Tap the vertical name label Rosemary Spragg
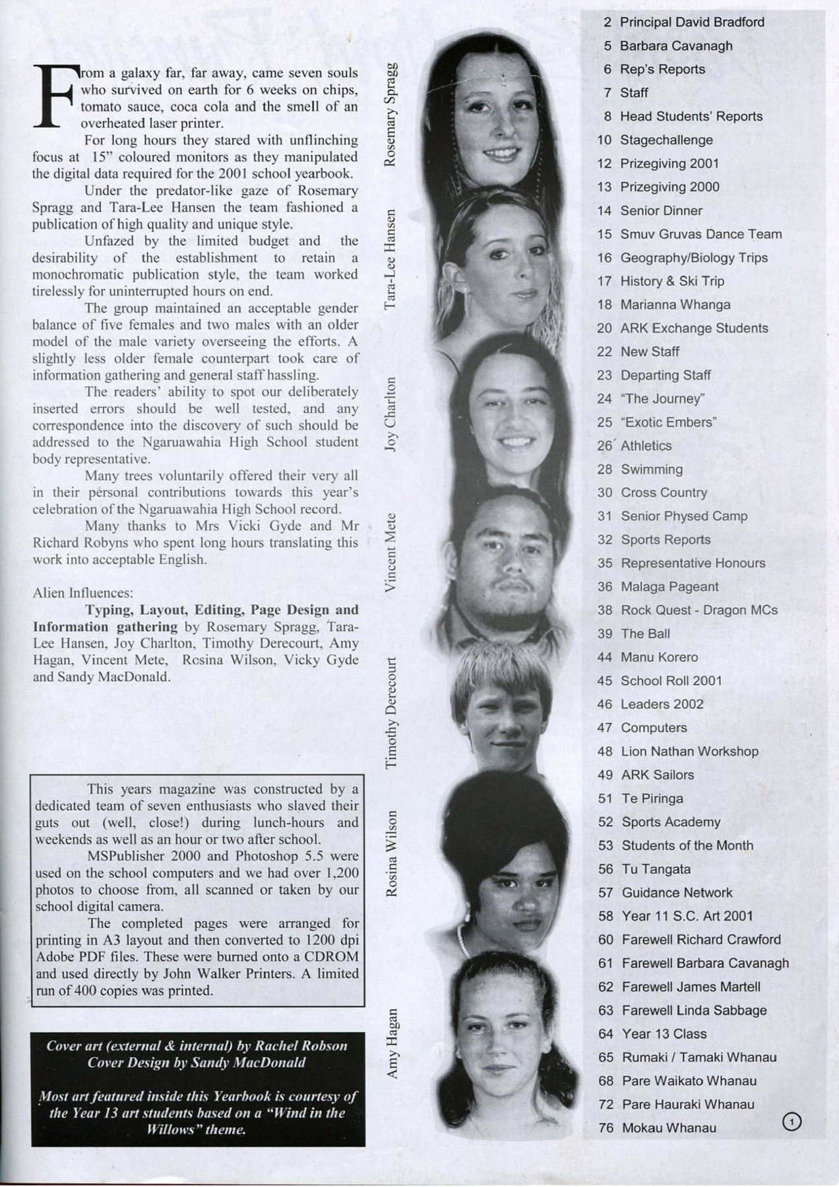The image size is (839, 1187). click(390, 113)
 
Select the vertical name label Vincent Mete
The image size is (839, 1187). click(390, 552)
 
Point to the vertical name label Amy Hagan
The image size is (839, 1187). click(392, 1043)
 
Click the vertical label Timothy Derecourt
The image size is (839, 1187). click(390, 712)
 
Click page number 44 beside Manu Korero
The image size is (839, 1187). click(605, 657)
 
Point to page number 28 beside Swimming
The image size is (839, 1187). click(605, 469)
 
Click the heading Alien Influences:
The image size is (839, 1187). click(82, 592)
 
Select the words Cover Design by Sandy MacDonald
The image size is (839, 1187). click(197, 1062)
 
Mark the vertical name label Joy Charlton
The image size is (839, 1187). click(390, 413)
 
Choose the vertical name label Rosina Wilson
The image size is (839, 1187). click(391, 853)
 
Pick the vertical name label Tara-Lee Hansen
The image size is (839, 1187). click(390, 259)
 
